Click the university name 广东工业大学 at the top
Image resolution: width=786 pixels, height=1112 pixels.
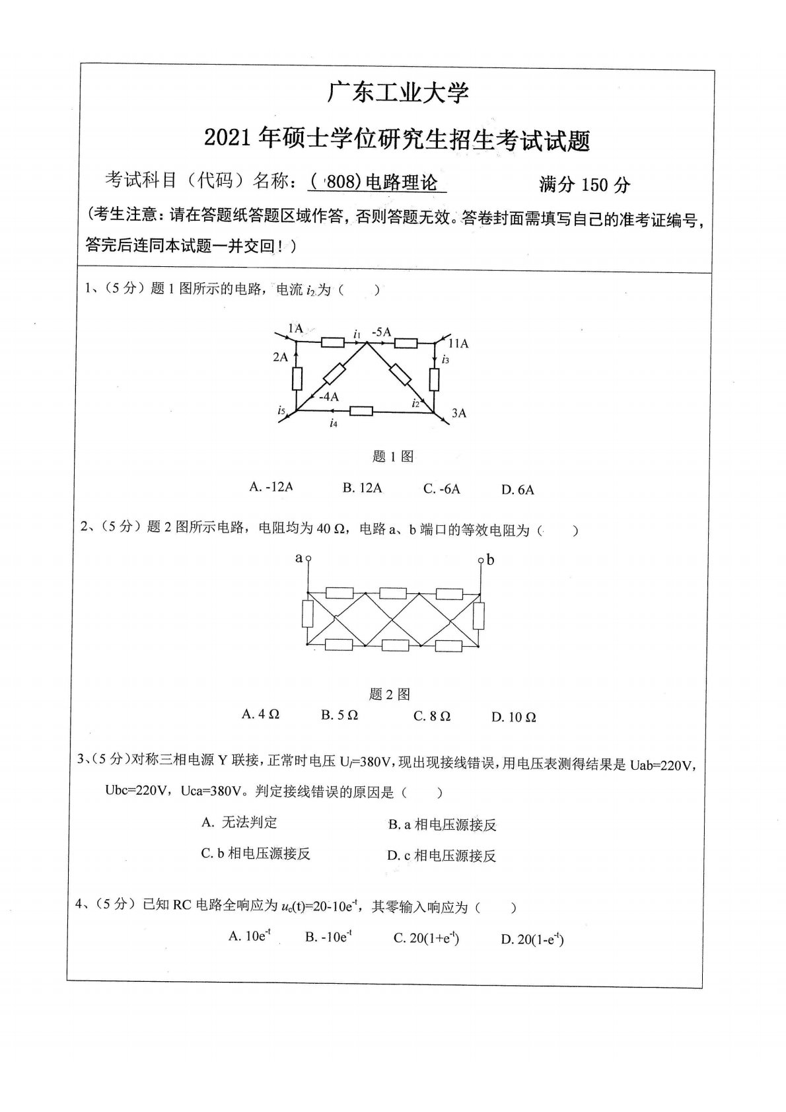[x=398, y=93]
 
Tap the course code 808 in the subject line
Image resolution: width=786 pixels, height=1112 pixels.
[x=341, y=182]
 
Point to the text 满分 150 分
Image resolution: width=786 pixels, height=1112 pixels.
[x=585, y=184]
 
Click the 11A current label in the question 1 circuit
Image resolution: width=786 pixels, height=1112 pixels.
[x=458, y=344]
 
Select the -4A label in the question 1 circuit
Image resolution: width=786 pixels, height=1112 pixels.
[x=328, y=396]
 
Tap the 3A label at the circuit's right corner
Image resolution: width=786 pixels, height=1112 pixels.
[x=459, y=413]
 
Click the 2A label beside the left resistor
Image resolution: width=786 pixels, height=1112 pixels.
[x=280, y=357]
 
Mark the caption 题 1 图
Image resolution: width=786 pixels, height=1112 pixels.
[x=393, y=456]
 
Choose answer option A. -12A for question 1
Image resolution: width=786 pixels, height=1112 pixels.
[x=271, y=487]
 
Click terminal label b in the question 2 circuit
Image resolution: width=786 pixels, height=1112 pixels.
[x=491, y=560]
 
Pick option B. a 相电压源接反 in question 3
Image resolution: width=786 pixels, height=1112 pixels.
[x=442, y=825]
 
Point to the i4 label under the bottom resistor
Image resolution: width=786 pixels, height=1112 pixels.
[x=334, y=424]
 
